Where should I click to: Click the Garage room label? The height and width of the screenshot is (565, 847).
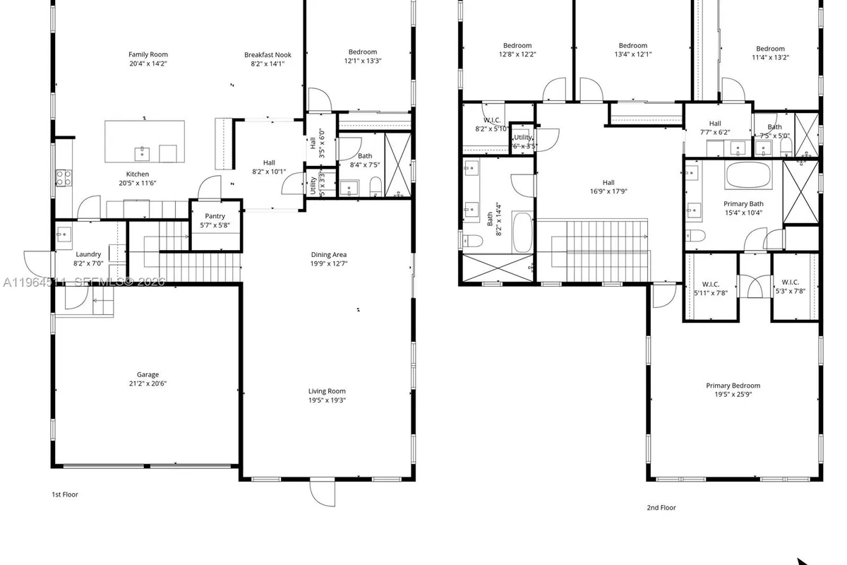click(x=148, y=375)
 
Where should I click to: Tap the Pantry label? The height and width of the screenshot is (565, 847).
click(x=215, y=216)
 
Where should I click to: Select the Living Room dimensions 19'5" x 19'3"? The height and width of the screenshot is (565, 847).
click(x=327, y=400)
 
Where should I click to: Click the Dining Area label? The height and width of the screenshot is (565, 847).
click(x=329, y=254)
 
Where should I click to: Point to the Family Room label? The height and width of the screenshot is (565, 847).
click(x=148, y=54)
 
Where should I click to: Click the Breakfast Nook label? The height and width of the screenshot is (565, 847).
click(x=268, y=54)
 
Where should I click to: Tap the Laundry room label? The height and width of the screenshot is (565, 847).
click(x=89, y=254)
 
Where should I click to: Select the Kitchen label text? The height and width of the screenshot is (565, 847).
click(x=138, y=174)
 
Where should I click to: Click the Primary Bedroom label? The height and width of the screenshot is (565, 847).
click(x=733, y=386)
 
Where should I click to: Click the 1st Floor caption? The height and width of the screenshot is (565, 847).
click(x=65, y=494)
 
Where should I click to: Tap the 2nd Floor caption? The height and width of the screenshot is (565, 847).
click(x=661, y=507)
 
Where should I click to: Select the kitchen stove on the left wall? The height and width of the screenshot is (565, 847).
click(x=63, y=177)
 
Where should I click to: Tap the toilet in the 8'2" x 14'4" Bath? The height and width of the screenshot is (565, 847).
click(x=471, y=241)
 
